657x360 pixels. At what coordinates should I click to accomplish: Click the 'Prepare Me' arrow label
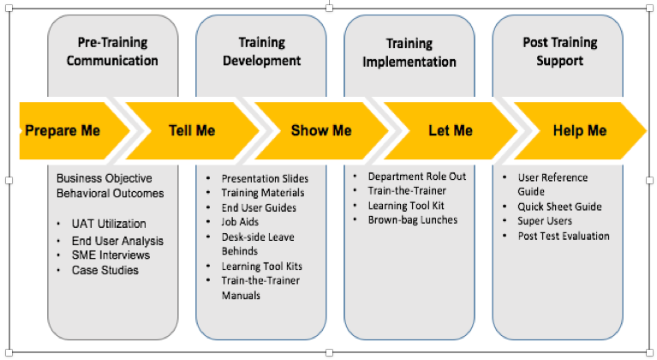click(x=63, y=130)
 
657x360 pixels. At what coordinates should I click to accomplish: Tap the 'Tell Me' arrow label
click(x=192, y=130)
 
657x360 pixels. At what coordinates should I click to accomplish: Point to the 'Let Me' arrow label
click(x=451, y=130)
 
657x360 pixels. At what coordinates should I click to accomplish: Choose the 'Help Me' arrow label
click(x=580, y=130)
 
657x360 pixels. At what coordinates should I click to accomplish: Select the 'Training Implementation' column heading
click(x=409, y=51)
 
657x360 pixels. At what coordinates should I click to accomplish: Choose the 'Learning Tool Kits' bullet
click(x=261, y=266)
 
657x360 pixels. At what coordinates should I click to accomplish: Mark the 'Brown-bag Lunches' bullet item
click(x=413, y=219)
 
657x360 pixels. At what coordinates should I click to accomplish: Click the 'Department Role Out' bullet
click(x=417, y=176)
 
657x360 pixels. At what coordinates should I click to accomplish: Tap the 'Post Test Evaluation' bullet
click(x=564, y=236)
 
